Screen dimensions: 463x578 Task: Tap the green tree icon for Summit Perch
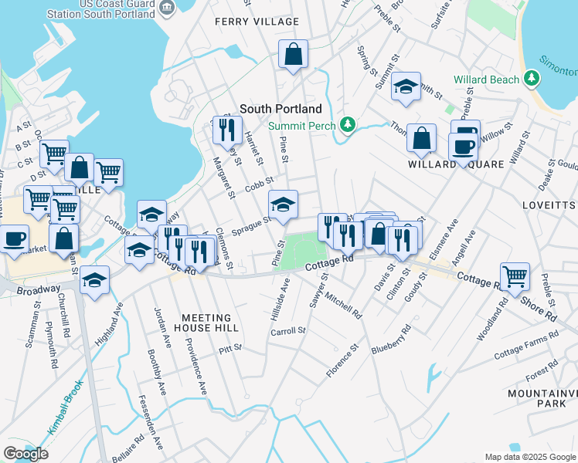point(348,125)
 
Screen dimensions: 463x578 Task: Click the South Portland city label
point(280,110)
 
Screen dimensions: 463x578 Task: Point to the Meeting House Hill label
point(206,323)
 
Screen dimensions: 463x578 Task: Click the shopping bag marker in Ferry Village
point(294,54)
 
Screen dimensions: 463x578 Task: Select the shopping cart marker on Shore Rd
point(514,276)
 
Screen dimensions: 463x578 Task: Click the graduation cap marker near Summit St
point(405,87)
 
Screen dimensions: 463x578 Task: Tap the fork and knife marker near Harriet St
point(226,129)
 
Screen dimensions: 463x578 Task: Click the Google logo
point(25,454)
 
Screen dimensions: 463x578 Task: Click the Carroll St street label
point(288,331)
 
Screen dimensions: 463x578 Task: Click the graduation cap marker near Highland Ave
point(95,281)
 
